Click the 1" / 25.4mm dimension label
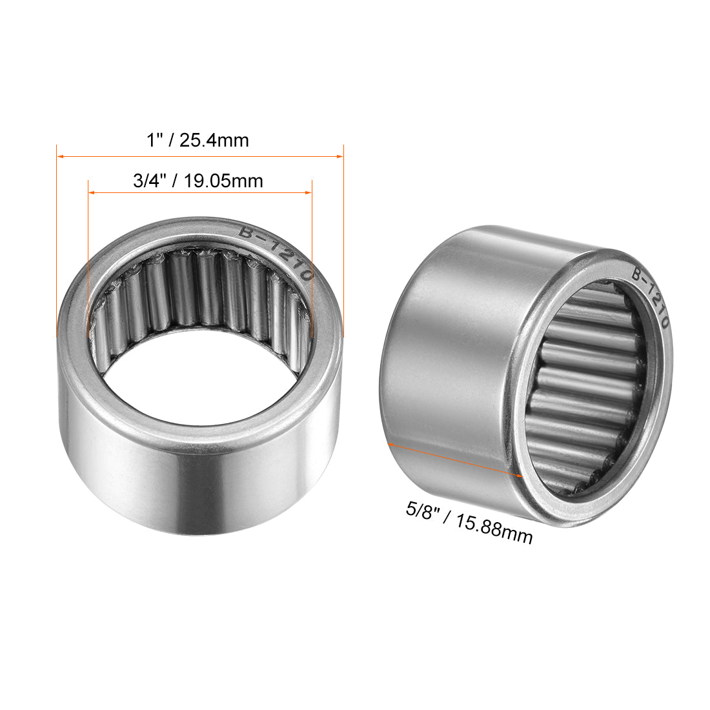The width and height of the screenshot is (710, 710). [198, 140]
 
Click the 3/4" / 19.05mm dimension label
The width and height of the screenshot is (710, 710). [198, 181]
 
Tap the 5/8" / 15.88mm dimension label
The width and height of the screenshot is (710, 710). [469, 522]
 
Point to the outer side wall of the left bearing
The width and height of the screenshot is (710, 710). [194, 484]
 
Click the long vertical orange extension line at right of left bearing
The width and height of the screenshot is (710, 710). [343, 258]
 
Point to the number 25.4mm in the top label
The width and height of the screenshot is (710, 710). [214, 140]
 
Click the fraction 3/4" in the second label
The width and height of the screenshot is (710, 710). [147, 181]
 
